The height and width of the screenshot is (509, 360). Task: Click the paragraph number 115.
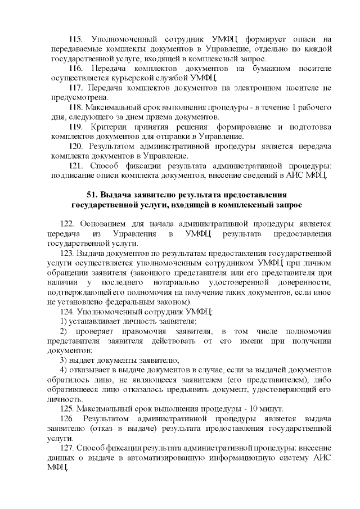[76, 39]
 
